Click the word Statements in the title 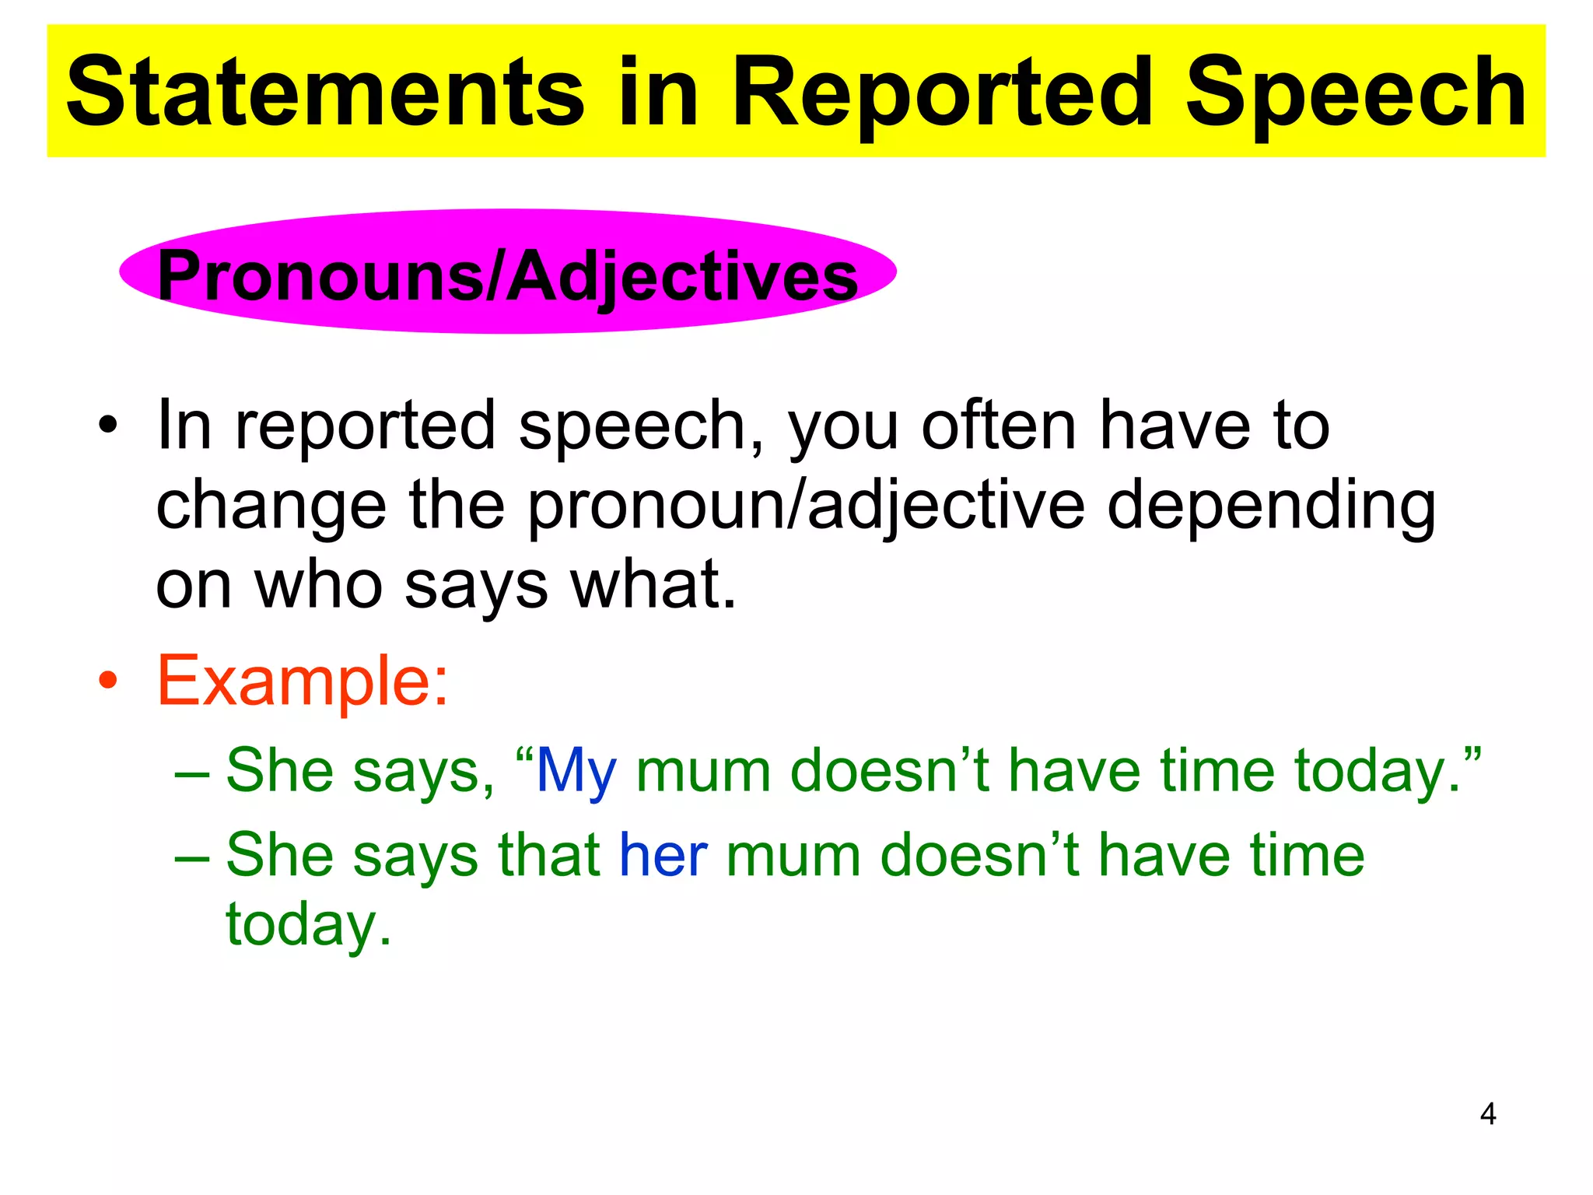[325, 92]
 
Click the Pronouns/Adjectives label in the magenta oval [507, 276]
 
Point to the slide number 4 [1487, 1114]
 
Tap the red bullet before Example [108, 682]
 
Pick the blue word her [663, 855]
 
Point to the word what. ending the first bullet [653, 585]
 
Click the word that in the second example [549, 855]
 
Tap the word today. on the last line [308, 924]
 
